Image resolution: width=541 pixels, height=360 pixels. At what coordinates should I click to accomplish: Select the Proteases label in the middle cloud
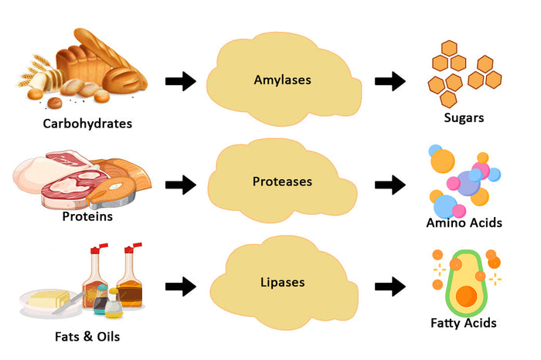click(282, 182)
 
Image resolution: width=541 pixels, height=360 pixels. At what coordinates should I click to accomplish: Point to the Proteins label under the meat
click(87, 216)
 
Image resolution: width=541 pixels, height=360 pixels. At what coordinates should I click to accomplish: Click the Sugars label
click(464, 117)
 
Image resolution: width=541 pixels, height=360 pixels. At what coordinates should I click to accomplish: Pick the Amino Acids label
click(464, 222)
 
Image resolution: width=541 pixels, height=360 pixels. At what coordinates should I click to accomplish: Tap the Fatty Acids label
click(464, 323)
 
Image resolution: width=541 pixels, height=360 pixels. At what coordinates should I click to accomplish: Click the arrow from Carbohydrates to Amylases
click(181, 81)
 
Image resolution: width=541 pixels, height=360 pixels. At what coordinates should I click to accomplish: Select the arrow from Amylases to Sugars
click(390, 81)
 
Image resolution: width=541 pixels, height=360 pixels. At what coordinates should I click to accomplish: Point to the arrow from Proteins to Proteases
click(181, 185)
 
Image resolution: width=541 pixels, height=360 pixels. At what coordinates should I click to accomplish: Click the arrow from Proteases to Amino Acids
click(390, 185)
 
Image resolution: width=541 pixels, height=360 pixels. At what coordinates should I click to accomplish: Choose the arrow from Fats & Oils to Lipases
click(181, 287)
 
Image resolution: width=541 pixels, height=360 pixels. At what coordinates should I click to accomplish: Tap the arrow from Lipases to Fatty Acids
click(390, 287)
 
